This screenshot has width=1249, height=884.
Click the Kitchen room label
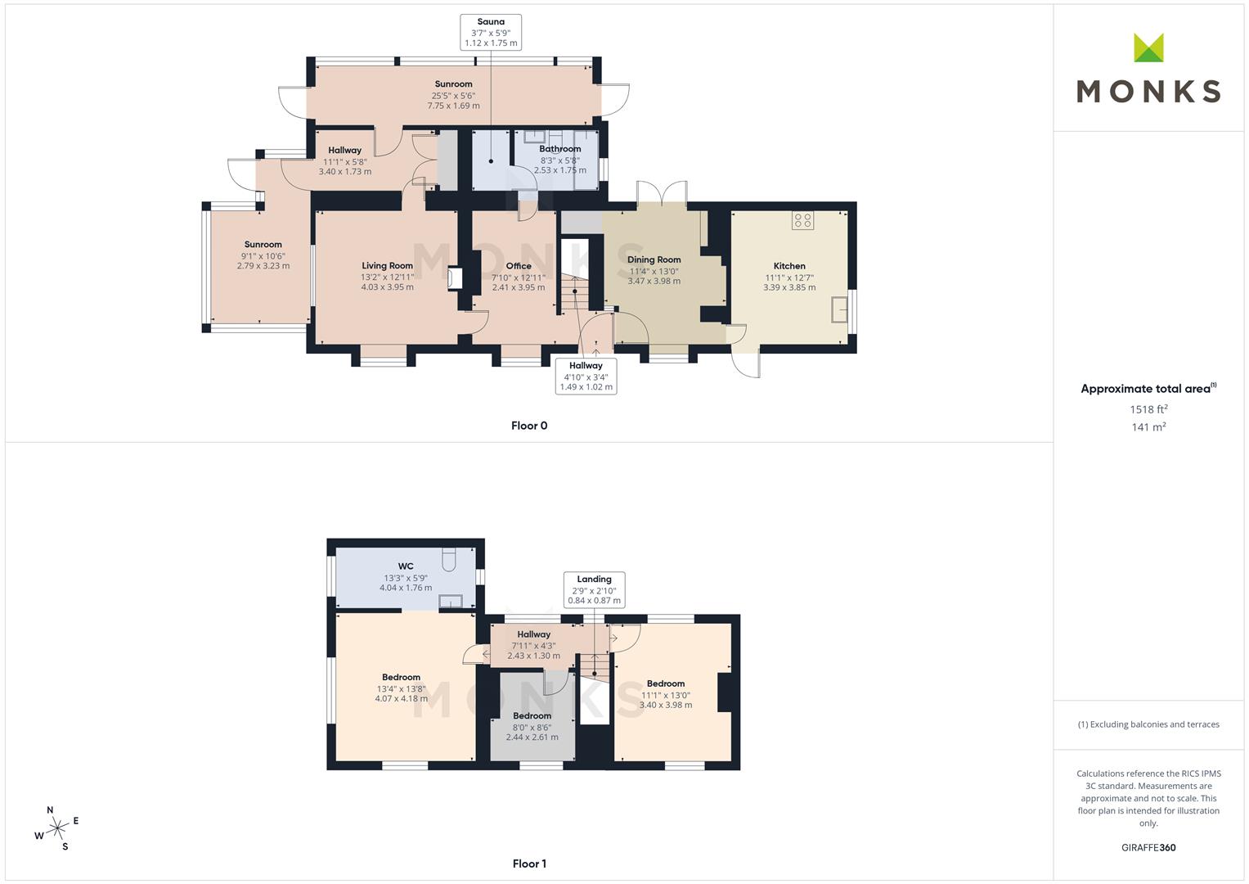pyautogui.click(x=789, y=266)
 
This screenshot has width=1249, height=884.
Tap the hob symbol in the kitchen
pyautogui.click(x=802, y=220)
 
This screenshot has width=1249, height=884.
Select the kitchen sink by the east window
pyautogui.click(x=839, y=309)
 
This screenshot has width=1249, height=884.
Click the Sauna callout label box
pyautogui.click(x=491, y=33)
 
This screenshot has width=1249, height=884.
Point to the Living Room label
pyautogui.click(x=387, y=266)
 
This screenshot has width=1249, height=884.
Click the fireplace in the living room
pyautogui.click(x=455, y=278)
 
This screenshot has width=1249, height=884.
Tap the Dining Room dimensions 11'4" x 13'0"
pyautogui.click(x=654, y=271)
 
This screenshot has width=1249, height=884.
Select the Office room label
pyautogui.click(x=519, y=266)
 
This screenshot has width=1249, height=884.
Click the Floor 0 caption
pyautogui.click(x=529, y=426)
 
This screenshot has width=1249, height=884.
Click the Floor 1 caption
pyautogui.click(x=529, y=864)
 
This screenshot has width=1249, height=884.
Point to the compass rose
pyautogui.click(x=57, y=828)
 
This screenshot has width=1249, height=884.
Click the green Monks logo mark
pyautogui.click(x=1148, y=47)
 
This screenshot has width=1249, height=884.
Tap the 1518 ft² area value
pyautogui.click(x=1148, y=409)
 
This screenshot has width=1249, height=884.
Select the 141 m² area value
pyautogui.click(x=1148, y=427)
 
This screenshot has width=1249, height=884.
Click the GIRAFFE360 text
pyautogui.click(x=1148, y=848)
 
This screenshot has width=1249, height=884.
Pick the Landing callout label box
pyautogui.click(x=594, y=590)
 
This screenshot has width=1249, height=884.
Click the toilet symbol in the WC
pyautogui.click(x=449, y=560)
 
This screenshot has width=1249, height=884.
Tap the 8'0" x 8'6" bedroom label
pyautogui.click(x=532, y=727)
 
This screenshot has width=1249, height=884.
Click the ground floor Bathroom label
pyautogui.click(x=559, y=149)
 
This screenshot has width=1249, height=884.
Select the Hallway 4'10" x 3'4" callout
pyautogui.click(x=586, y=377)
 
